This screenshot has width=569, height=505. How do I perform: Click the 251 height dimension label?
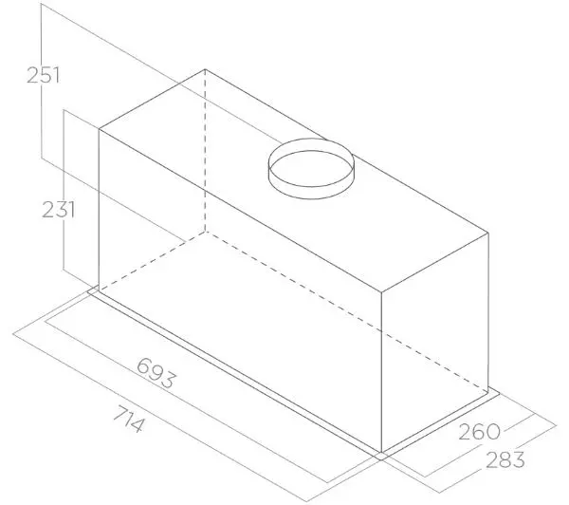point(43,76)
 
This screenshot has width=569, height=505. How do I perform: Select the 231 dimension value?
point(58,211)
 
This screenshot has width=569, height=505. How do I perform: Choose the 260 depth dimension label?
point(479,432)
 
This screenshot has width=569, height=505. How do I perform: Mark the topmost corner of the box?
point(205,68)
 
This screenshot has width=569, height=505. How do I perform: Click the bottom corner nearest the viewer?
point(383,451)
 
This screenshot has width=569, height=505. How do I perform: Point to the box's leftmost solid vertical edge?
point(100,207)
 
